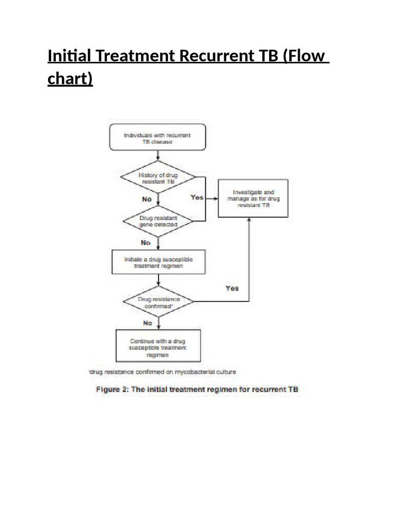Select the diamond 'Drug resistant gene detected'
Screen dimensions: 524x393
point(158,222)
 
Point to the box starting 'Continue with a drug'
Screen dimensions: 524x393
point(158,345)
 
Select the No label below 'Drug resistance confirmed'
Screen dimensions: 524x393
point(148,323)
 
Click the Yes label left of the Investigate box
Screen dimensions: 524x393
point(197,196)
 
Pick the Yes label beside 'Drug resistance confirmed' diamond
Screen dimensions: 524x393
point(232,288)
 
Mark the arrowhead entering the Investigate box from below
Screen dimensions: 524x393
point(250,218)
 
